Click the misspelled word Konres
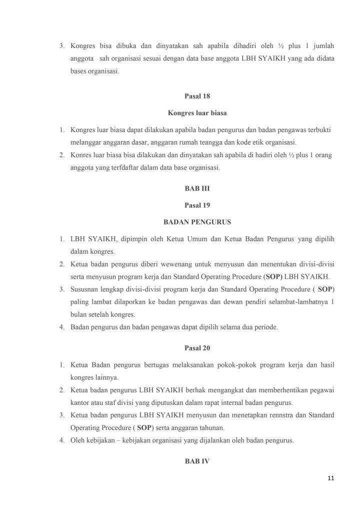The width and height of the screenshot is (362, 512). [x=81, y=155]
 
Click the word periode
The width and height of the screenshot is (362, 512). [x=266, y=327]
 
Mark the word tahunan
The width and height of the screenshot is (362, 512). [x=212, y=428]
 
